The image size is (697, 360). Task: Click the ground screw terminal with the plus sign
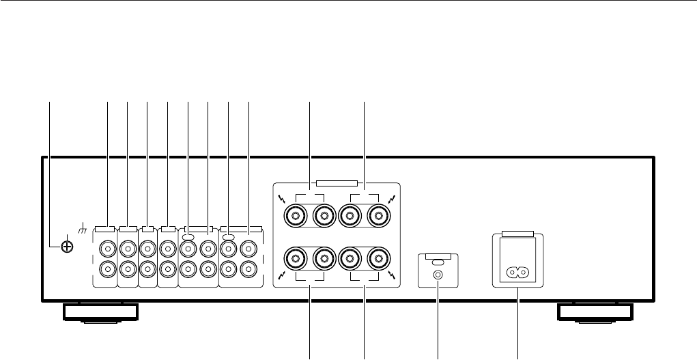point(67,245)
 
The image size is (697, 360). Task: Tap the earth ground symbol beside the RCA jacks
point(83,226)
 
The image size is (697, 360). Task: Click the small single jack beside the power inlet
point(437,275)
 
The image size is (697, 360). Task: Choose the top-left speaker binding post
point(296,217)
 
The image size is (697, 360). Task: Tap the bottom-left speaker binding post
point(296,259)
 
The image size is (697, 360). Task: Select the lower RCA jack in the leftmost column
point(107,269)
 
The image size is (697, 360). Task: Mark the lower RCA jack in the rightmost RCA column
point(250,269)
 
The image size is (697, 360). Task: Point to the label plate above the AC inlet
point(516,234)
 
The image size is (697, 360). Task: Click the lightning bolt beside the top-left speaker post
point(281,200)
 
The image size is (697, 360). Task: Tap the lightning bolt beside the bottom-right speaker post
point(391,275)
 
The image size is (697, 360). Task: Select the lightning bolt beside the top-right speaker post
point(391,199)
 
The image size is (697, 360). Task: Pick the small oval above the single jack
point(437,262)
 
